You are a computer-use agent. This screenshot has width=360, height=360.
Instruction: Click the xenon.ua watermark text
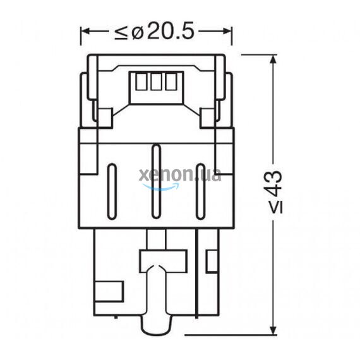(179, 175)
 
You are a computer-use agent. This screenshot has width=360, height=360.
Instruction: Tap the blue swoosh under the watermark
(160, 187)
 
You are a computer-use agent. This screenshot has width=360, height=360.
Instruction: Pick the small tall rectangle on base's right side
(212, 260)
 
